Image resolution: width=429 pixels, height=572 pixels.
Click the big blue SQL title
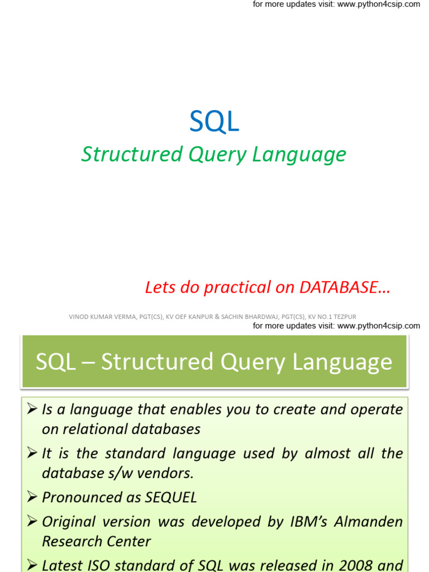214,121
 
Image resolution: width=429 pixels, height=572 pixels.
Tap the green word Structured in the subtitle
132,154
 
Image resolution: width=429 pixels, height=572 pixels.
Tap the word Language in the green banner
342,363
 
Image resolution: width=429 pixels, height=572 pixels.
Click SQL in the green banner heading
55,362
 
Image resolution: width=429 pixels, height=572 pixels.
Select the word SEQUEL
171,498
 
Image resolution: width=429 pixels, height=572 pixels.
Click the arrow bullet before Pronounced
32,497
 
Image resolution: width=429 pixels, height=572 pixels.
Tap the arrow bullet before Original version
32,521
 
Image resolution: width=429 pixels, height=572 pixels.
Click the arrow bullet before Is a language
32,408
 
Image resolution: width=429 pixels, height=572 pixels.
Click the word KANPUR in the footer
201,317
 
